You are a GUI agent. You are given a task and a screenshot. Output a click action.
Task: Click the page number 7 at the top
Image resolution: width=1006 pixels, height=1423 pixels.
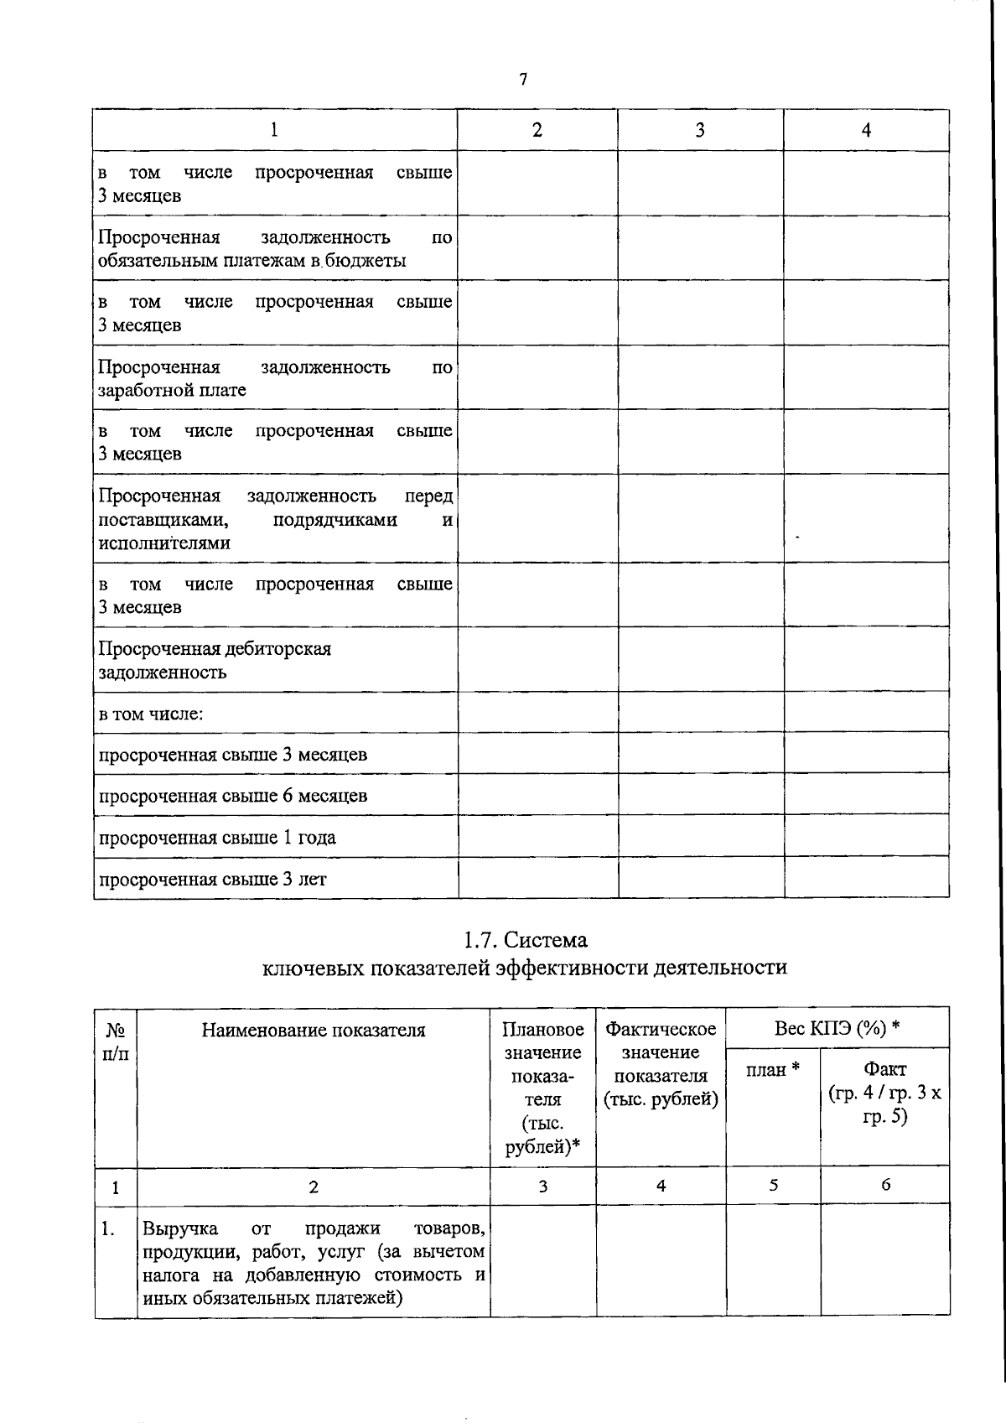523,80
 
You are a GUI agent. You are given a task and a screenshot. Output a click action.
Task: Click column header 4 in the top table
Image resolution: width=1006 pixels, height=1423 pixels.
866,130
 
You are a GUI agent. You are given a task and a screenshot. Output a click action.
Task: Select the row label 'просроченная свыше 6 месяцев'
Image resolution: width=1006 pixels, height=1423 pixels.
233,796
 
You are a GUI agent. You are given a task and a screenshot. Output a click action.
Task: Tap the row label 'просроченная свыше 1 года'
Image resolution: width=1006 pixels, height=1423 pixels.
217,838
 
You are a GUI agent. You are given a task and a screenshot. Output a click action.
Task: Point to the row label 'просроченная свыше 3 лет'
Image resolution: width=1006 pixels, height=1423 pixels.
212,880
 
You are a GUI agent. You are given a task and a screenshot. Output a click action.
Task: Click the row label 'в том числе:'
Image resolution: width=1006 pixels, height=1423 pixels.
151,714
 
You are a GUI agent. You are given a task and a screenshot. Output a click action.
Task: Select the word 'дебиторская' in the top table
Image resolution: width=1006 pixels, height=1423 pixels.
277,649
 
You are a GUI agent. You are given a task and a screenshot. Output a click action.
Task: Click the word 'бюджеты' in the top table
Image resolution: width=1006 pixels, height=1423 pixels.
367,261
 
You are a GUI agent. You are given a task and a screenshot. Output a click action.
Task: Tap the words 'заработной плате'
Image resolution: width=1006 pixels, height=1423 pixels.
172,390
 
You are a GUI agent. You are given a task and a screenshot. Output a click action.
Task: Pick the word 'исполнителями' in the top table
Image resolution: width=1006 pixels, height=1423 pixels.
164,543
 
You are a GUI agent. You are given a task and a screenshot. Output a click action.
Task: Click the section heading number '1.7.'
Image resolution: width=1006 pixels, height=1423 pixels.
482,940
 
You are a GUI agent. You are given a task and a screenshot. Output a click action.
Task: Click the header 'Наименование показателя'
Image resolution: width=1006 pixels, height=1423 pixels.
313,1030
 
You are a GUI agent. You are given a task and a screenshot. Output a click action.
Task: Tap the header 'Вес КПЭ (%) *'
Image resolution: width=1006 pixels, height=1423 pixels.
837,1028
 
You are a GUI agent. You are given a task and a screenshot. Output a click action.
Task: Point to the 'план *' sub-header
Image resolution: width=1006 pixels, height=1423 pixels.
772,1069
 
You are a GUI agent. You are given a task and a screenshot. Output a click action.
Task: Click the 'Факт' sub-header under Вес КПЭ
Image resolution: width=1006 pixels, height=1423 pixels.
884,1069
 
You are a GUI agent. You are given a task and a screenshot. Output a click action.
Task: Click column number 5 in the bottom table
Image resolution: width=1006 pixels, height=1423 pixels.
773,1185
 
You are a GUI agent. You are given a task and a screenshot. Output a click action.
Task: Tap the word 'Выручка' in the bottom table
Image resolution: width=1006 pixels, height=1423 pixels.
180,1228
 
